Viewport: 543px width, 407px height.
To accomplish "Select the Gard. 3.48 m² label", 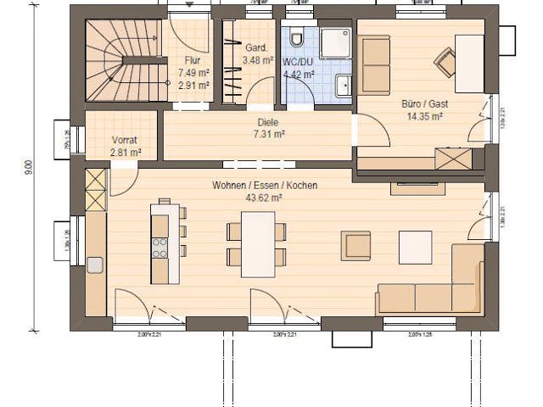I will click(x=258, y=54).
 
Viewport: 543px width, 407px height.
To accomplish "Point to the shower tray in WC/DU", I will click(x=334, y=43).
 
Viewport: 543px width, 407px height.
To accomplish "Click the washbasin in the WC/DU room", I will click(x=344, y=86).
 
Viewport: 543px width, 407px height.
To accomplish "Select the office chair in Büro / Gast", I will click(x=445, y=57).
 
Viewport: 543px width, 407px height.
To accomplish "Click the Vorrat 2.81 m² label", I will click(x=126, y=147).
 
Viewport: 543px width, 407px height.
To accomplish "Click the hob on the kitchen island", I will click(x=159, y=247).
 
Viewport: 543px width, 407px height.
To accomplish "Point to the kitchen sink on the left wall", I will click(x=95, y=264).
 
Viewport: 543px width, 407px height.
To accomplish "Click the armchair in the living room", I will click(x=356, y=245).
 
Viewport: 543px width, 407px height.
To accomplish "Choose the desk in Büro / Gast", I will click(x=468, y=63).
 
